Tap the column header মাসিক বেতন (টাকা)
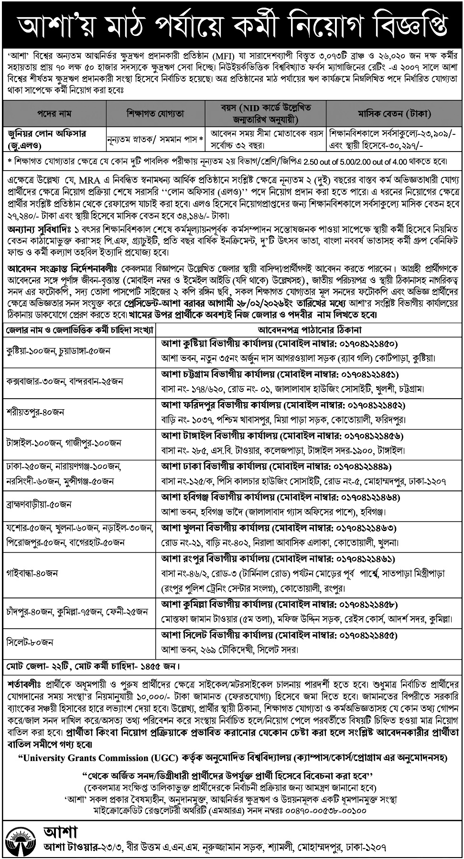394,114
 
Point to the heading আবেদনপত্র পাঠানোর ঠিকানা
309,329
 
